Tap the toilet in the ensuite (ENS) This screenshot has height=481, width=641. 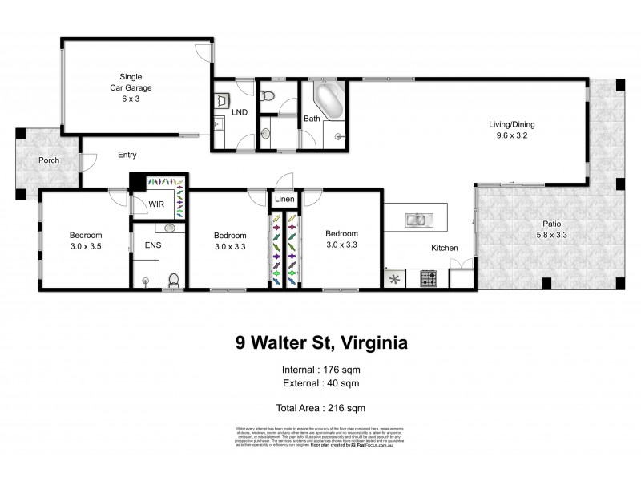[174, 280]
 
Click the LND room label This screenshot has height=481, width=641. [240, 113]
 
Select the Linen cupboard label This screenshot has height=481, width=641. [284, 199]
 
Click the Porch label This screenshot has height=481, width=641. [49, 160]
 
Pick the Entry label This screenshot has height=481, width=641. [127, 155]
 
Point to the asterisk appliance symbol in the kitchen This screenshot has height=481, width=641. [393, 279]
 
